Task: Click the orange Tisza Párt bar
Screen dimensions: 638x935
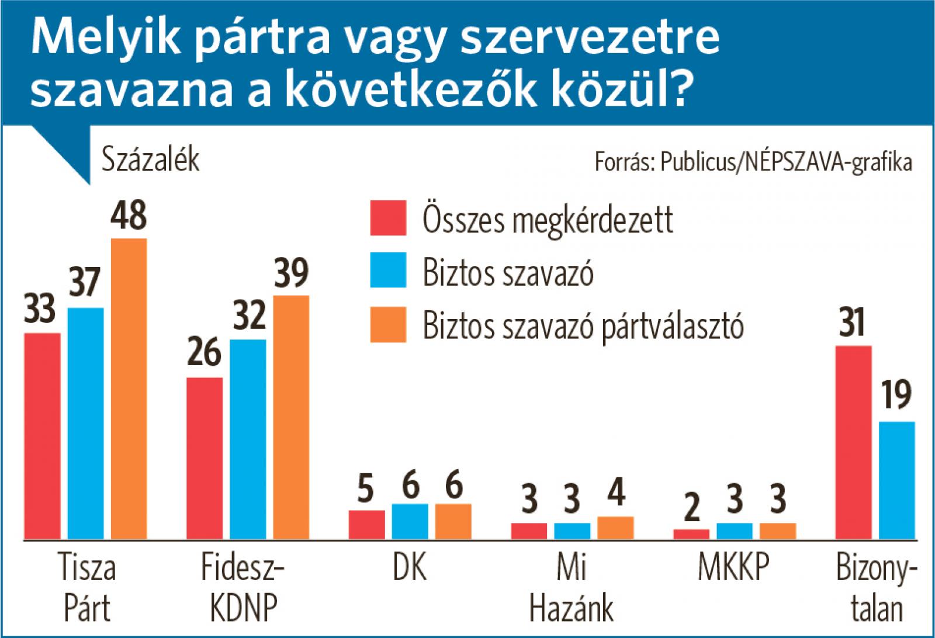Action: tap(129, 389)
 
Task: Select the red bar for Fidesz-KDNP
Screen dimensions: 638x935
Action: tap(205, 458)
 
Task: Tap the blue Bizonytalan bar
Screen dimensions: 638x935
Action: tap(897, 480)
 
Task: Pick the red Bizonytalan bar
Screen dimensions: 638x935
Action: tap(854, 442)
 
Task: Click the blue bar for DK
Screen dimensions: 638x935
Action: tap(410, 521)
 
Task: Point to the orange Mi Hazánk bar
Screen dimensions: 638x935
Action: tap(615, 528)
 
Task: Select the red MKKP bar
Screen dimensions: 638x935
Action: tap(691, 534)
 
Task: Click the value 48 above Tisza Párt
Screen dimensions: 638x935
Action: tap(129, 216)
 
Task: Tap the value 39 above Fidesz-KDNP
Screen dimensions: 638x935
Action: tap(291, 273)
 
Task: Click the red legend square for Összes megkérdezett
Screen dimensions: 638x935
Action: tap(388, 219)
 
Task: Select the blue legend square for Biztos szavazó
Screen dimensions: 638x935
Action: tap(388, 270)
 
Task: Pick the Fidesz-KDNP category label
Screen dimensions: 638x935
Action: tap(243, 587)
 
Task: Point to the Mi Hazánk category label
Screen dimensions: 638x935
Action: tap(572, 587)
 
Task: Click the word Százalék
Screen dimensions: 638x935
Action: tap(151, 159)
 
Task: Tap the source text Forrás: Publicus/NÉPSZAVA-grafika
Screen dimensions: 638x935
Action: tap(753, 162)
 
